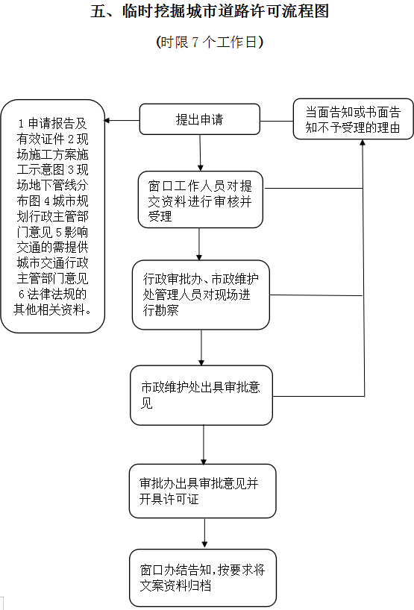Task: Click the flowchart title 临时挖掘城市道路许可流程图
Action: tap(225, 11)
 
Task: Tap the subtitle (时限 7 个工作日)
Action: tap(210, 42)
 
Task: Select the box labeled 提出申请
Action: tap(200, 119)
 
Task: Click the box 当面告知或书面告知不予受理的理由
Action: tap(353, 119)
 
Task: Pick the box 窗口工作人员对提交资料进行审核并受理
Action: tap(201, 200)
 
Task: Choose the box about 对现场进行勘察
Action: tap(201, 295)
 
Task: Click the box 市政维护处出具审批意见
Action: tap(201, 395)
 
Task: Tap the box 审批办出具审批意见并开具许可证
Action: tap(202, 491)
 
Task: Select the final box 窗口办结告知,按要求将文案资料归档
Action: tap(203, 578)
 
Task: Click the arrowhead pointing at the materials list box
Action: tap(107, 121)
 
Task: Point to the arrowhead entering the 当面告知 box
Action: tap(363, 142)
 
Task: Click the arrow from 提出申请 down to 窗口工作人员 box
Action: tap(200, 153)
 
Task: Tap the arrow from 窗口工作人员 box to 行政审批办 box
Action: tap(199, 245)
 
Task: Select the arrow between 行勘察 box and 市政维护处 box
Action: tap(201, 348)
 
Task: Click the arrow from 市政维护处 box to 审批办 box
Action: tap(204, 444)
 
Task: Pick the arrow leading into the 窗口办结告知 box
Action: tap(204, 533)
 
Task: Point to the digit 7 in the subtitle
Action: tap(195, 42)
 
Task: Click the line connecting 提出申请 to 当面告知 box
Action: tap(277, 121)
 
